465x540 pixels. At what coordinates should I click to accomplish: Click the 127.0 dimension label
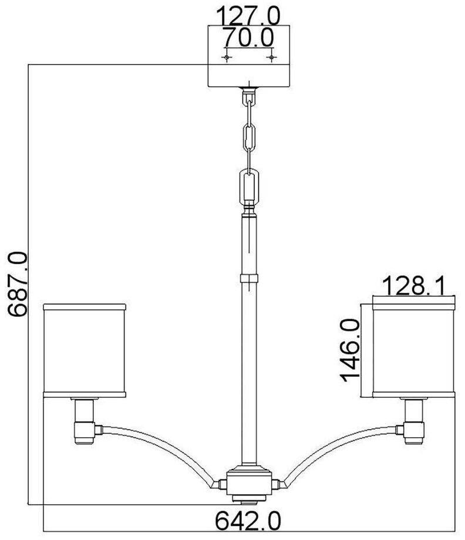[248, 15]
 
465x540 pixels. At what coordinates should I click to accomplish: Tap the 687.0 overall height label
[17, 283]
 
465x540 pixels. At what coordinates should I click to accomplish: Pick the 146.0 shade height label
[350, 350]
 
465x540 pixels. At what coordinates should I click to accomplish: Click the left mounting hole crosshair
[226, 57]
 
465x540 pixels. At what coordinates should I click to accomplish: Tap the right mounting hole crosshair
[271, 57]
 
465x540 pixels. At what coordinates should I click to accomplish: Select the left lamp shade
[85, 351]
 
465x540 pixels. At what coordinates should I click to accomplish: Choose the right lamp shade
[414, 351]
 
